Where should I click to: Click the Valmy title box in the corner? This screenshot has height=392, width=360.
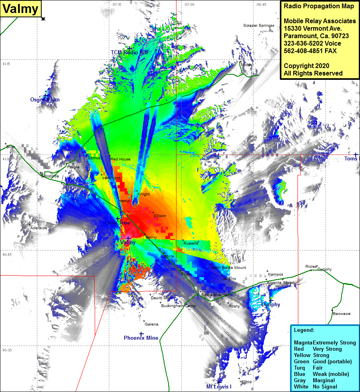[21, 9]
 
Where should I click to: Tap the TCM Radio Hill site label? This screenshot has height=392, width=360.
[129, 52]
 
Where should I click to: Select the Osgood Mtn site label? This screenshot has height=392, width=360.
[45, 99]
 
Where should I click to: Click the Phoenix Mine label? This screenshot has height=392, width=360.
[141, 338]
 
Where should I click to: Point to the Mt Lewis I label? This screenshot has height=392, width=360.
[219, 386]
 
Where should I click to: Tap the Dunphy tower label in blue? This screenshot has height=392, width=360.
[271, 304]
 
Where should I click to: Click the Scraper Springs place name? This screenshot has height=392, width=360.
[257, 26]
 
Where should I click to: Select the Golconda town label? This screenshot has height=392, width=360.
[50, 176]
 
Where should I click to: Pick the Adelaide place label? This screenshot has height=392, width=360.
[39, 228]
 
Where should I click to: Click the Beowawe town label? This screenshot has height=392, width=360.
[341, 314]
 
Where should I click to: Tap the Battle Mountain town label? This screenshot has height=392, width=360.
[216, 294]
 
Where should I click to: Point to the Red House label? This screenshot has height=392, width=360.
[120, 159]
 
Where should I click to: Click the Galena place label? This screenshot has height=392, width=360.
[151, 324]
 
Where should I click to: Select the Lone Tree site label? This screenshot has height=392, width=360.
[117, 223]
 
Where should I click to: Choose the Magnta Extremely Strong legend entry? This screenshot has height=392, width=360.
[325, 342]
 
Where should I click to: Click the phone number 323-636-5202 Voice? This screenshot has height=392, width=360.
[312, 43]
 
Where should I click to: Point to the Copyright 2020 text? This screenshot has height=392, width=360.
[307, 66]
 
